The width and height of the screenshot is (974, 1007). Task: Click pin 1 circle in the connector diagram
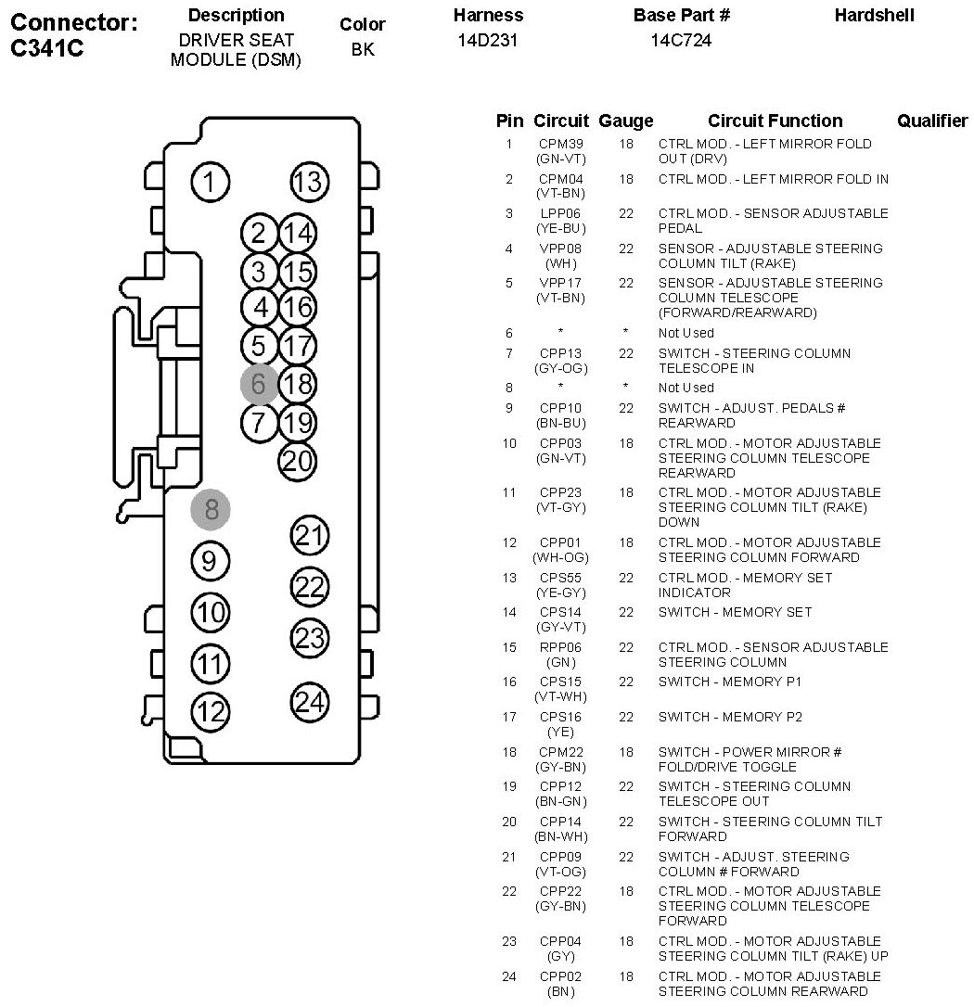pyautogui.click(x=210, y=182)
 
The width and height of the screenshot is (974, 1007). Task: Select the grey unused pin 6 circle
pyautogui.click(x=259, y=384)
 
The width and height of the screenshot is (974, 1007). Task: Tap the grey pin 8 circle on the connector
pyautogui.click(x=210, y=509)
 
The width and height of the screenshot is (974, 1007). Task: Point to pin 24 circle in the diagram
pyautogui.click(x=310, y=702)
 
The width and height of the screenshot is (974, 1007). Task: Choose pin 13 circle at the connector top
pyautogui.click(x=310, y=182)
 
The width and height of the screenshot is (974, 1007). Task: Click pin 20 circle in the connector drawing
pyautogui.click(x=297, y=461)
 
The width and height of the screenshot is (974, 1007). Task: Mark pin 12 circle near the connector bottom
pyautogui.click(x=210, y=712)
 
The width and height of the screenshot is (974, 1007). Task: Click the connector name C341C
pyautogui.click(x=47, y=47)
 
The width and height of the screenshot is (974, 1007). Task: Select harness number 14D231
pyautogui.click(x=488, y=41)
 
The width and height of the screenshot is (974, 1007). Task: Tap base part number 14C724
pyautogui.click(x=681, y=41)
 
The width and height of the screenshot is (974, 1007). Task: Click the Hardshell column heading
pyautogui.click(x=874, y=16)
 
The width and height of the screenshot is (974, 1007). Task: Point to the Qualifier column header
pyautogui.click(x=932, y=121)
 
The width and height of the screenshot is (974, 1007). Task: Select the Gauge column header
pyautogui.click(x=626, y=121)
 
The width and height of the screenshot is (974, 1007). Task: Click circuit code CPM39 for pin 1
pyautogui.click(x=561, y=144)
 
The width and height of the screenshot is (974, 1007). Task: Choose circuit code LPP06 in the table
pyautogui.click(x=560, y=213)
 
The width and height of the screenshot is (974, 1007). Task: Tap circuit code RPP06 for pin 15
pyautogui.click(x=560, y=647)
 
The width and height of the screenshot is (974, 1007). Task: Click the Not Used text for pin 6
pyautogui.click(x=686, y=333)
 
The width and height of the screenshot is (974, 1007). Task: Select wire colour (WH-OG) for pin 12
pyautogui.click(x=560, y=557)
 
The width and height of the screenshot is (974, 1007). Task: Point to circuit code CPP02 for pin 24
pyautogui.click(x=560, y=976)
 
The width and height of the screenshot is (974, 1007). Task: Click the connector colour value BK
pyautogui.click(x=363, y=49)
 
